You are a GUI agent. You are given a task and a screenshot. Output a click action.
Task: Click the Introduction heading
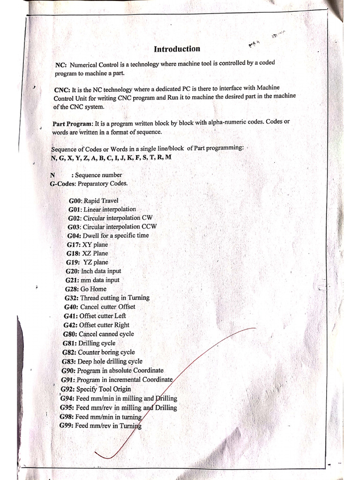[x=177, y=49]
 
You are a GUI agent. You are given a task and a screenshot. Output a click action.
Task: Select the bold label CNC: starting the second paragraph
[x=62, y=89]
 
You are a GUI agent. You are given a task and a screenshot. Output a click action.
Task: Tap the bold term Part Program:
[x=73, y=124]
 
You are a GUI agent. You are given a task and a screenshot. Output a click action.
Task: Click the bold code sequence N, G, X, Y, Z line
[x=111, y=157]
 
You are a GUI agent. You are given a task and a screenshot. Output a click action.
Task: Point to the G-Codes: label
[x=63, y=184]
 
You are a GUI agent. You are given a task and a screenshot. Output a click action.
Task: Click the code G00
[x=75, y=201]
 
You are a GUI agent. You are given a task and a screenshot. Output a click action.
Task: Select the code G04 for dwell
[x=74, y=236]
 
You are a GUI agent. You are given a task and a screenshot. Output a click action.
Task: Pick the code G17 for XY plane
[x=74, y=245]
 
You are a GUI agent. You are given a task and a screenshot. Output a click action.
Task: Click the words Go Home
[x=93, y=289]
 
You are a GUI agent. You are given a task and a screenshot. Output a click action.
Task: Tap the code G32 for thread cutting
[x=72, y=298]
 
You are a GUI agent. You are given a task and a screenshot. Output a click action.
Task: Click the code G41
[x=71, y=316]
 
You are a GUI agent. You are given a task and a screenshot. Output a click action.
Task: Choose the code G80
[x=70, y=334]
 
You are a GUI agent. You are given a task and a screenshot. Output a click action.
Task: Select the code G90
[x=68, y=370]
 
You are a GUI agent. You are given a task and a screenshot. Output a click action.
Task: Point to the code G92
[x=67, y=389]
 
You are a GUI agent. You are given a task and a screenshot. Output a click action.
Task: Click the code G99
[x=66, y=426]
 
